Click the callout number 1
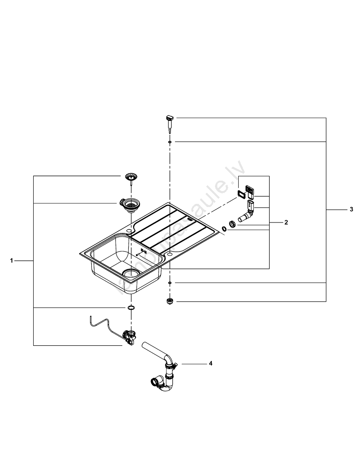(x=12, y=261)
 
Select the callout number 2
(x=286, y=222)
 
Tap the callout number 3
(x=351, y=210)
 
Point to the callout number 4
(x=210, y=364)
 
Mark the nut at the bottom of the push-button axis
(x=170, y=301)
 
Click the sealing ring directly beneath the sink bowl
(x=131, y=308)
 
